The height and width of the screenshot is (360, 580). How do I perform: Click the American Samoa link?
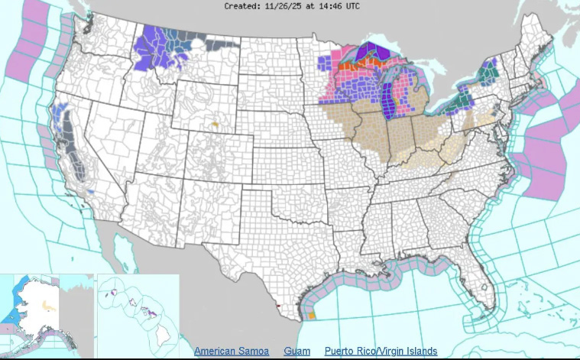pos(231,351)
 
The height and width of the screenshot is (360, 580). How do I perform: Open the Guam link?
pos(296,351)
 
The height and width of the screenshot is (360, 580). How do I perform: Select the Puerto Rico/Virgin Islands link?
pos(381,351)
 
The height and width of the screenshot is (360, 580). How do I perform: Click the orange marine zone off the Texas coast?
pos(311,315)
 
